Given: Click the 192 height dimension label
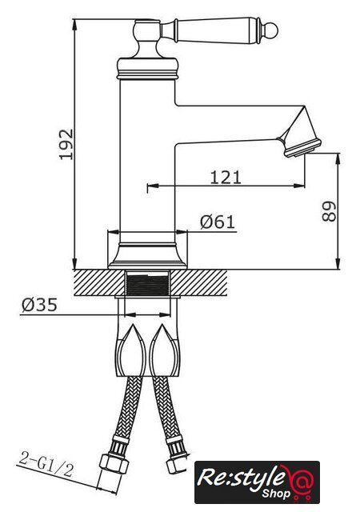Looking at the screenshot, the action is [66, 145].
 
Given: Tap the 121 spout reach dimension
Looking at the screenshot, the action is [226, 178].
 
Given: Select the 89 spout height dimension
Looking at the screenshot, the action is [329, 212].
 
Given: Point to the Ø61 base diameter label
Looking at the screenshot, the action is [218, 222].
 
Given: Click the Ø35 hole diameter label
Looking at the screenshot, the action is [39, 305].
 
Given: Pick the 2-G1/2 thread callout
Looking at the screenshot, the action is [46, 464].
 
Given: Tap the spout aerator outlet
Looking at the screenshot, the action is [303, 148].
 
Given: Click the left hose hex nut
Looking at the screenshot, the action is [114, 463].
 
